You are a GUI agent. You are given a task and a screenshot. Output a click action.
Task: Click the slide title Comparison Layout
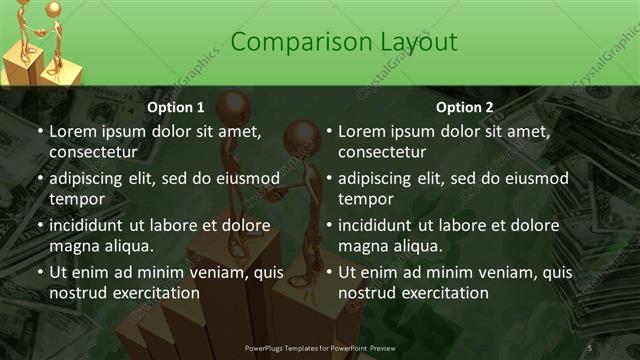[344, 42]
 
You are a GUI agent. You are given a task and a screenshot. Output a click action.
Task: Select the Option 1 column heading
[176, 107]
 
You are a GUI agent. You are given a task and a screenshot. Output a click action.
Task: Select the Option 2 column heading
[465, 107]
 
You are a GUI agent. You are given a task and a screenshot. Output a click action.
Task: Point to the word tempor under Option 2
[367, 199]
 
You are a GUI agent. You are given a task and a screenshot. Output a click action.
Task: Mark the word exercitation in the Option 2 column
[443, 293]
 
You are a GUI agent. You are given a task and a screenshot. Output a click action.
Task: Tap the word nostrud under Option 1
[77, 293]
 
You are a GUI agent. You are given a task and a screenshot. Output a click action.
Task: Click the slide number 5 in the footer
[590, 347]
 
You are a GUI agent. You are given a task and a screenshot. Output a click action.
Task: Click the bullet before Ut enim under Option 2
[328, 272]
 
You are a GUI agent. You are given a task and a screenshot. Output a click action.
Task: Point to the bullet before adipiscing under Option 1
[39, 178]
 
